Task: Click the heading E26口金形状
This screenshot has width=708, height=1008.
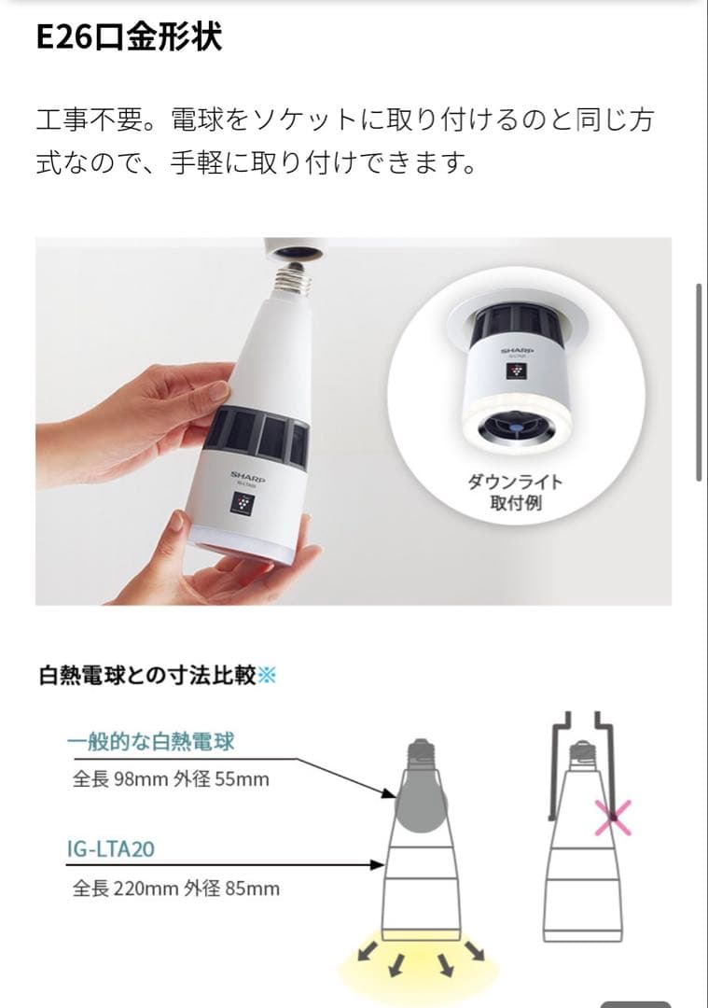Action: pyautogui.click(x=129, y=39)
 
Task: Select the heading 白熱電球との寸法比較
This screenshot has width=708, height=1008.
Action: pyautogui.click(x=146, y=675)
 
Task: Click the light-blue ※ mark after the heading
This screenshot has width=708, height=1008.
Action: pyautogui.click(x=267, y=675)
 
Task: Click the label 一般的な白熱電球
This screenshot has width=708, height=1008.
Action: pyautogui.click(x=150, y=743)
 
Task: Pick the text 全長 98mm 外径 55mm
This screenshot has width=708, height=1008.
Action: pyautogui.click(x=171, y=778)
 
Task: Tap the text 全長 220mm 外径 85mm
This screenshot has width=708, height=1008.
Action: pyautogui.click(x=175, y=888)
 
